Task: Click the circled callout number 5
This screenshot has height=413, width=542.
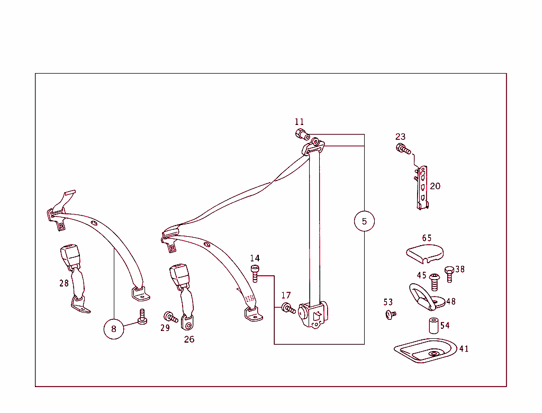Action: pyautogui.click(x=364, y=221)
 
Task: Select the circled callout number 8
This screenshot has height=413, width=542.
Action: pyautogui.click(x=114, y=329)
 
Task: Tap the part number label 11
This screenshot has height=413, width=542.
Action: pyautogui.click(x=300, y=122)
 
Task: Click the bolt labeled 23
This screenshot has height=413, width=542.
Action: pyautogui.click(x=403, y=149)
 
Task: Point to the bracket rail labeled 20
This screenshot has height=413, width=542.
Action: pyautogui.click(x=422, y=187)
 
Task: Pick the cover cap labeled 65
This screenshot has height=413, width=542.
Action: pyautogui.click(x=425, y=253)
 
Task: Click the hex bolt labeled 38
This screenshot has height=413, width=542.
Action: pyautogui.click(x=449, y=274)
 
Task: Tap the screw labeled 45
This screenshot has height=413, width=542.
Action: pyautogui.click(x=435, y=282)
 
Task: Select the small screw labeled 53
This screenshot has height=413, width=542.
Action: pyautogui.click(x=391, y=315)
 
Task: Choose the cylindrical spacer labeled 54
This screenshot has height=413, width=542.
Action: pyautogui.click(x=433, y=326)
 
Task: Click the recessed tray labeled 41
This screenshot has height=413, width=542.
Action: pyautogui.click(x=425, y=351)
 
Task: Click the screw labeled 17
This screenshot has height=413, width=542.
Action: pyautogui.click(x=288, y=308)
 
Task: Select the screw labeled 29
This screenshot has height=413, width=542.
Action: pyautogui.click(x=170, y=317)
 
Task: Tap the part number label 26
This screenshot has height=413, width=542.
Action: pyautogui.click(x=189, y=339)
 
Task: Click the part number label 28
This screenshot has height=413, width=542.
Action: pyautogui.click(x=64, y=283)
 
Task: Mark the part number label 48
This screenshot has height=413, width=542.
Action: pyautogui.click(x=451, y=302)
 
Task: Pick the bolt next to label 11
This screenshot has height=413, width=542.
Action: pyautogui.click(x=302, y=134)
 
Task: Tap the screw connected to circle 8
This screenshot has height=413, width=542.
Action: pyautogui.click(x=142, y=317)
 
